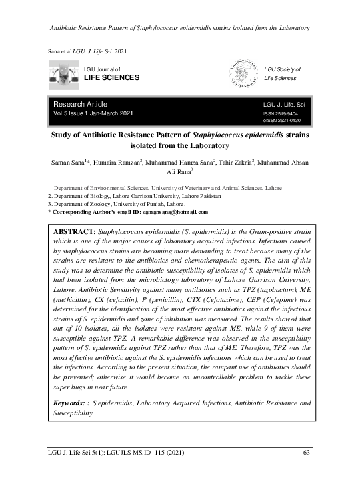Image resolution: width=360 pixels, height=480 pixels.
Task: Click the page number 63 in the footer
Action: tap(307, 454)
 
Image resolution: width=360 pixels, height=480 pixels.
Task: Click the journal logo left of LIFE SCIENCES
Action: tap(63, 74)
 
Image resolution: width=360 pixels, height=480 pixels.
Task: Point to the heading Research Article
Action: tap(80, 104)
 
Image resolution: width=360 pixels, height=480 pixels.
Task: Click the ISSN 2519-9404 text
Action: tap(283, 114)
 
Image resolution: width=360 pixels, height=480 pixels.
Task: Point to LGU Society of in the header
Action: tap(283, 69)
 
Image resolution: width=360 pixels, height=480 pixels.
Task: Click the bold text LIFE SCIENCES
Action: tap(111, 78)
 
